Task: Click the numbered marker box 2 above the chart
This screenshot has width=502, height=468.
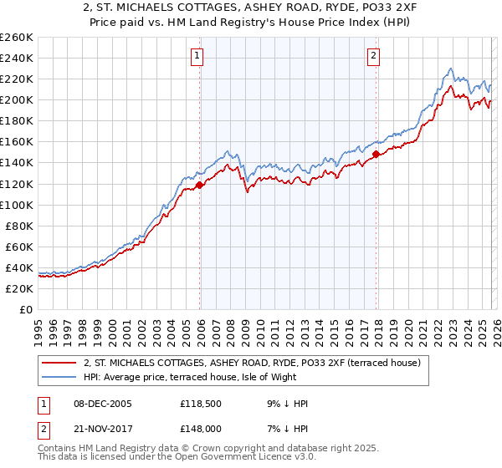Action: pos(374,56)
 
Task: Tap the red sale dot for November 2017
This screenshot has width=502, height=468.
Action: pos(376,154)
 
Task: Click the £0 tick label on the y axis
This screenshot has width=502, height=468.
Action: pos(26,309)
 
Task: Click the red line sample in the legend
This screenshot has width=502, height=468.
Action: pos(59,363)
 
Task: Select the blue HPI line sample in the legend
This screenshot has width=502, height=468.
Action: pos(59,377)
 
